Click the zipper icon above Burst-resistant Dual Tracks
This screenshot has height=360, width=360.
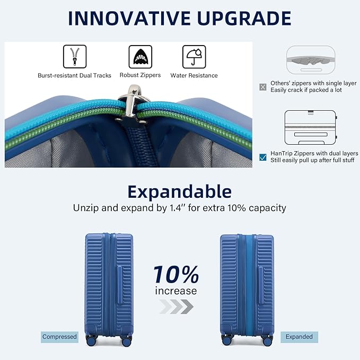click(x=75, y=57)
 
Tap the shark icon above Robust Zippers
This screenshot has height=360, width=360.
click(x=140, y=57)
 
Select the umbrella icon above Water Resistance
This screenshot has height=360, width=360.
click(x=194, y=57)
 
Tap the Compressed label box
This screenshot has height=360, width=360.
click(x=60, y=337)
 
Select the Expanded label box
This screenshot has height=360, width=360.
click(x=299, y=337)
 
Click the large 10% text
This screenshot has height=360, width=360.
click(x=176, y=275)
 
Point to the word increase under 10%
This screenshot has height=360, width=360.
click(x=176, y=291)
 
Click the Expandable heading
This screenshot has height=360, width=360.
click(x=180, y=192)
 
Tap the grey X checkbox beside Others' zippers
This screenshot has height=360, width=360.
click(x=263, y=87)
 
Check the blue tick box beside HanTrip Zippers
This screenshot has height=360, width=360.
click(x=263, y=157)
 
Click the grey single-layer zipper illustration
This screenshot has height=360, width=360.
click(x=311, y=60)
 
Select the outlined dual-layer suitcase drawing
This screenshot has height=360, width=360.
click(x=310, y=129)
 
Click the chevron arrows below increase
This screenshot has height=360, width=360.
click(x=175, y=306)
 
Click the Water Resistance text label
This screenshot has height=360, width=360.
click(x=194, y=75)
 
